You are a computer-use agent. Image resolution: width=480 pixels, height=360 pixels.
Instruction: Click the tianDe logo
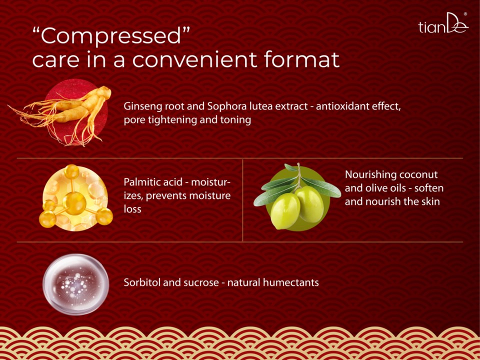(443, 23)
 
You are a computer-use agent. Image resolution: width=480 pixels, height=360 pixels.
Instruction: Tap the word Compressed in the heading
(111, 36)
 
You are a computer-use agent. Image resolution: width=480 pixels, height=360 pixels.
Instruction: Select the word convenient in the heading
(194, 59)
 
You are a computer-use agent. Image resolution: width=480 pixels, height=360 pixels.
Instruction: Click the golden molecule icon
(76, 198)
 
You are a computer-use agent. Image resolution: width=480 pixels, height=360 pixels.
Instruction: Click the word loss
(132, 209)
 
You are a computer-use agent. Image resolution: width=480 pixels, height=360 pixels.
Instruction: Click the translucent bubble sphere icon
(76, 284)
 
